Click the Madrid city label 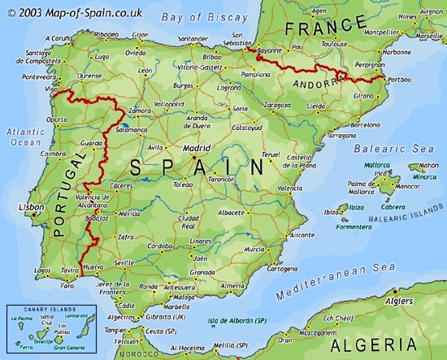(197, 150)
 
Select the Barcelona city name (364, 125)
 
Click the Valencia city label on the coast (289, 188)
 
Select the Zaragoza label (279, 105)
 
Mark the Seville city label (125, 262)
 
